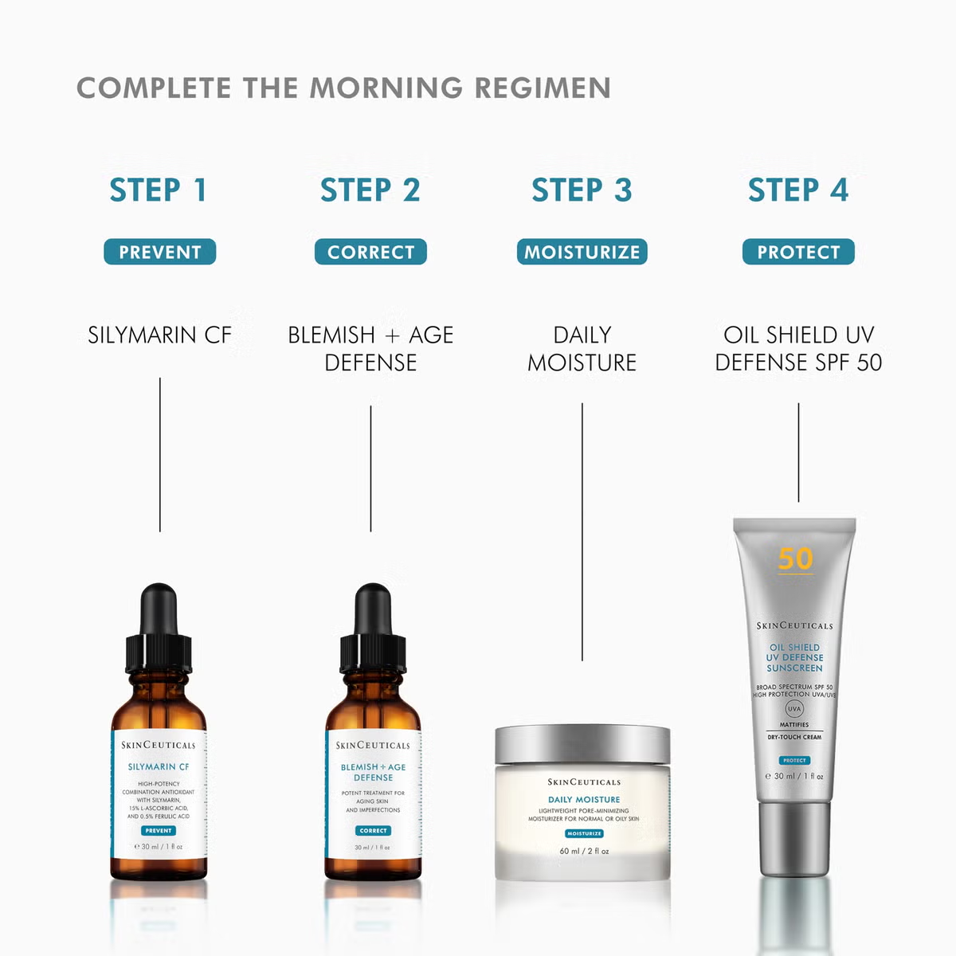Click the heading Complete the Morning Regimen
point(343,88)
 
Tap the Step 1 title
point(159,190)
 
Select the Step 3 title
point(582,190)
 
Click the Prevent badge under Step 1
point(159,252)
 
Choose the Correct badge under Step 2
point(370,252)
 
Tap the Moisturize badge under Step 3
point(582,252)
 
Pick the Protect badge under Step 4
point(798,252)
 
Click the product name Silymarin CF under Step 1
point(159,335)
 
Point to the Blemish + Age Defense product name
point(370,348)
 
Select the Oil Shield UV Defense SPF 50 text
point(798,348)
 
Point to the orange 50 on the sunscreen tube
point(795,558)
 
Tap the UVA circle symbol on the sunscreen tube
point(794,708)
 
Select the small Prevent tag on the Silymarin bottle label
point(159,830)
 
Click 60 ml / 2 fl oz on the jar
point(584,851)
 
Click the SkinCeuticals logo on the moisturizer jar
point(584,782)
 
